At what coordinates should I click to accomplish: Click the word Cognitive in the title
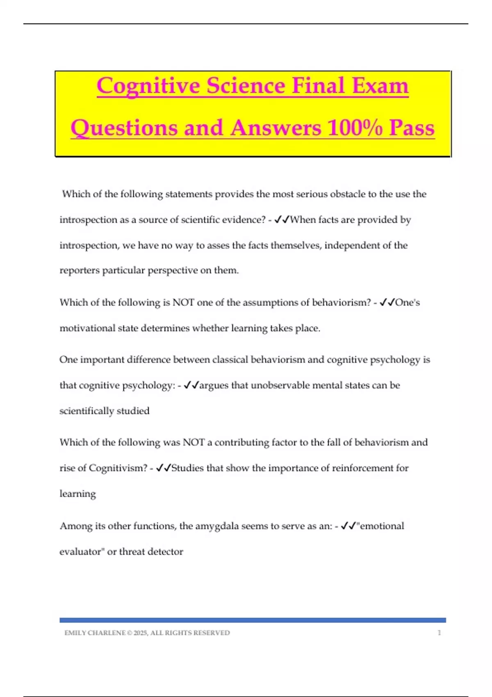point(148,86)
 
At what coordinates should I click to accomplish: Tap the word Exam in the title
point(380,86)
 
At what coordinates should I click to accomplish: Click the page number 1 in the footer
point(440,633)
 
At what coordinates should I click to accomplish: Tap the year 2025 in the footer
point(140,633)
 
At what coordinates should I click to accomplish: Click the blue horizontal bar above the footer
point(253,620)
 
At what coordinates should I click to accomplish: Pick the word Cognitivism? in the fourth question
point(118,468)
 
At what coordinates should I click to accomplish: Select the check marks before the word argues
point(191,385)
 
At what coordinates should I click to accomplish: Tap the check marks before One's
point(387,303)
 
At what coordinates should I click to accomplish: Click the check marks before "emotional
point(348,526)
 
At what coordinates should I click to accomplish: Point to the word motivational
point(87,328)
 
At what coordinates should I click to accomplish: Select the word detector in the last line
point(165,552)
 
